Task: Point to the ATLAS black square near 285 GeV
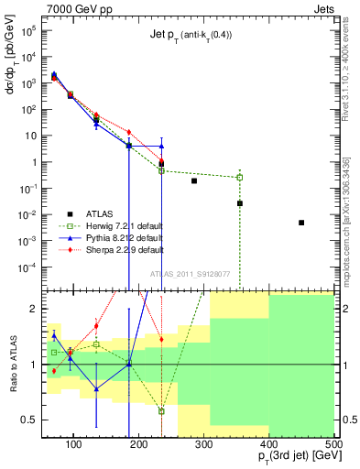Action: [194, 181]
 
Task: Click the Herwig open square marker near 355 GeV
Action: [240, 177]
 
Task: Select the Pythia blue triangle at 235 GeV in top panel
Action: [161, 146]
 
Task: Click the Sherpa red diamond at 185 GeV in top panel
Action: [129, 132]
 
